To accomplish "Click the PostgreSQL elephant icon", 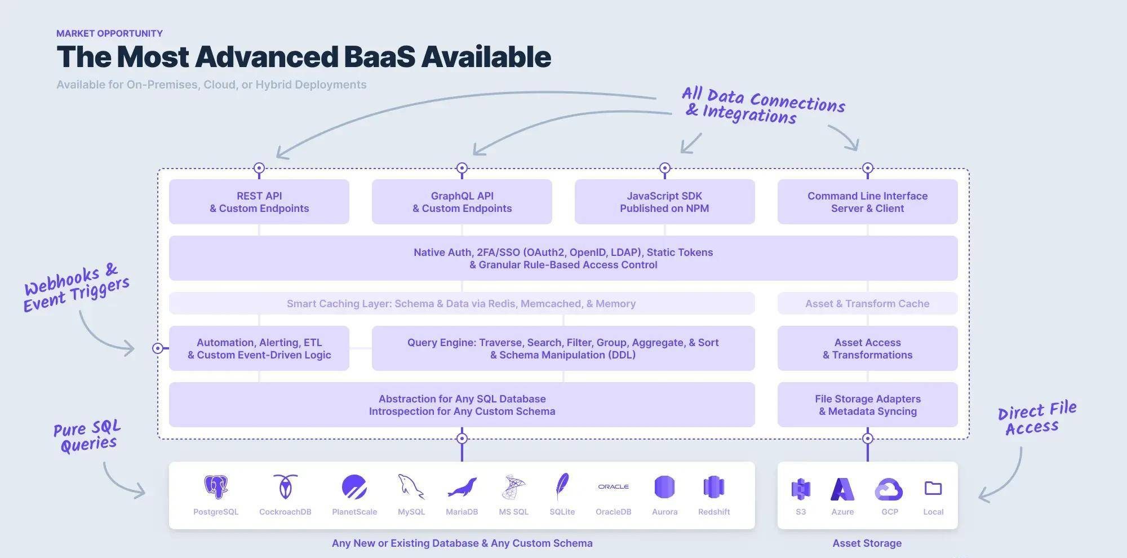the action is (216, 487).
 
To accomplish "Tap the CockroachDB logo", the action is (285, 486).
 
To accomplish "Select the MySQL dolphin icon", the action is (411, 486).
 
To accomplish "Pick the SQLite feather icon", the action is (562, 486).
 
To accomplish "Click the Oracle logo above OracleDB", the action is (614, 486).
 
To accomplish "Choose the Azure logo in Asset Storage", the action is (842, 489).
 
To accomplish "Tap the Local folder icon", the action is (933, 488).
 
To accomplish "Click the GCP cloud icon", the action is (889, 489).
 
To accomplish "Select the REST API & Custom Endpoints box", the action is (259, 202).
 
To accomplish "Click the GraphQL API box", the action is (462, 202).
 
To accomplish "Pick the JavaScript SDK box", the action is (665, 202).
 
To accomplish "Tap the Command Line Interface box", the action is (868, 202).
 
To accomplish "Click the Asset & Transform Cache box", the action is (868, 303).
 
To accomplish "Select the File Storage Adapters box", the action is (868, 405).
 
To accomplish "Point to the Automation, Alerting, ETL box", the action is (259, 348).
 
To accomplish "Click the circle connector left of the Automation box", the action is (158, 348).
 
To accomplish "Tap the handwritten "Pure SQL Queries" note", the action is (87, 436).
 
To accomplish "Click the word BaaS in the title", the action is (379, 56).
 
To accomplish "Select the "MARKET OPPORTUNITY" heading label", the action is (109, 33).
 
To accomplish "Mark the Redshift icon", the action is (714, 487).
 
